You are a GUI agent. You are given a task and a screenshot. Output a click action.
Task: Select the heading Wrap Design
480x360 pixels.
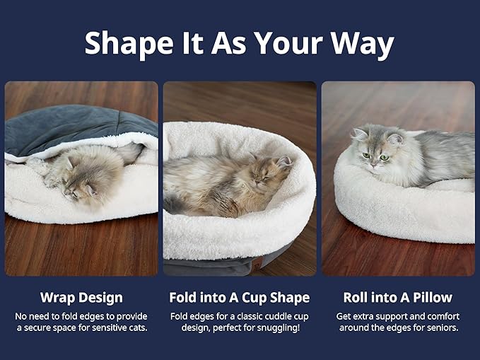coord(81,298)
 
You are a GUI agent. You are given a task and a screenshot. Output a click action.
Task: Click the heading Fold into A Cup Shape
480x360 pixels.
coord(239,298)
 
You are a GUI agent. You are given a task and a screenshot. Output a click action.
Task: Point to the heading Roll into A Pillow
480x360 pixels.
coord(398,298)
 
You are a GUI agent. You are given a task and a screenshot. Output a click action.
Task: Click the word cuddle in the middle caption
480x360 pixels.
coord(269,316)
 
